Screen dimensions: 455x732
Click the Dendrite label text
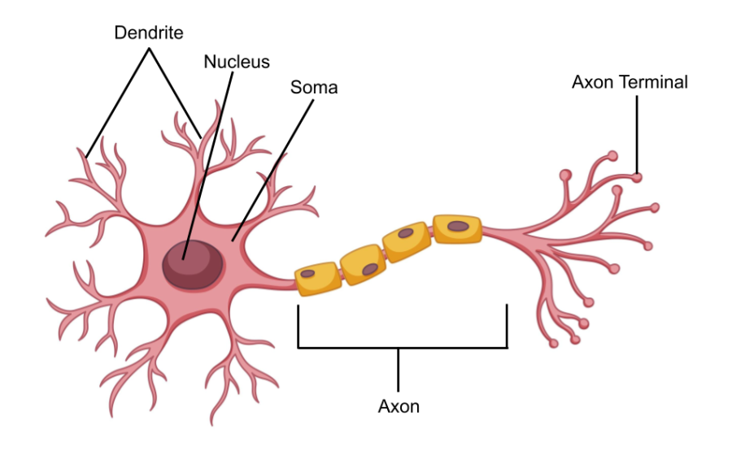pos(149,33)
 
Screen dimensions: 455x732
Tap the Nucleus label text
pos(236,61)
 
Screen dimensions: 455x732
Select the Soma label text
pos(314,87)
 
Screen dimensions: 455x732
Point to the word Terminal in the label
pos(656,82)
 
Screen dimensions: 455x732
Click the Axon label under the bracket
pos(399,405)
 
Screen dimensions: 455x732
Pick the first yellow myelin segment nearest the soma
pos(318,278)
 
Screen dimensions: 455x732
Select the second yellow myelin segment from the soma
pos(363,263)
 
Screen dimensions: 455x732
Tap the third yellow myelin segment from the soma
pos(407,243)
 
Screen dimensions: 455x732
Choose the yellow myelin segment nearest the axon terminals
pos(457,228)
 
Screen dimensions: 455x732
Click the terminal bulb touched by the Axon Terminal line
pos(638,176)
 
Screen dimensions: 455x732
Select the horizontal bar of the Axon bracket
pos(403,348)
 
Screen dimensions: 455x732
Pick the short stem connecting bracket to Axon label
pos(399,370)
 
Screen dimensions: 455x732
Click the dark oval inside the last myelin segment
pos(459,226)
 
